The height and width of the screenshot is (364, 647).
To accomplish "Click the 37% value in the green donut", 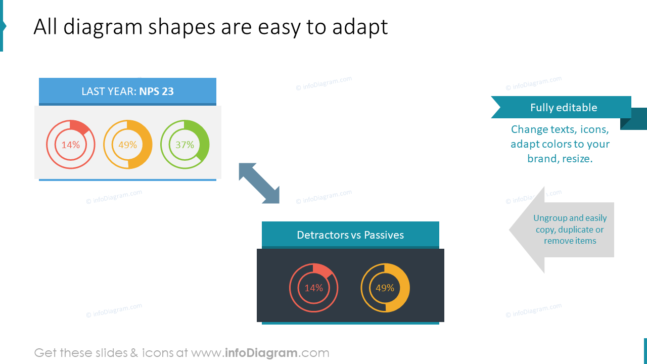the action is [184, 145].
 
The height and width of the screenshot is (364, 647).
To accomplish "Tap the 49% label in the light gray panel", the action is [127, 145].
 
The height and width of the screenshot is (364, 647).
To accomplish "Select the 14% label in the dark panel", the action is [313, 288].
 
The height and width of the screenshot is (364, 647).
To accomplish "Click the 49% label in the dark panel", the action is [385, 288].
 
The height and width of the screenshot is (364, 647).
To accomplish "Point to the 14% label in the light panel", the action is [70, 145].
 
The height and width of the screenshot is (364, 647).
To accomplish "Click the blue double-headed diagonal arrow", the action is [259, 183].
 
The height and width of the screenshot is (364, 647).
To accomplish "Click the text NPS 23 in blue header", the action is [156, 92].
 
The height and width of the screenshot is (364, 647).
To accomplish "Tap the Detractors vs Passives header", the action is [350, 235].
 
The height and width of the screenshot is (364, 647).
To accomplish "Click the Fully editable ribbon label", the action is [564, 108].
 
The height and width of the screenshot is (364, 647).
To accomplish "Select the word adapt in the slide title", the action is [360, 27].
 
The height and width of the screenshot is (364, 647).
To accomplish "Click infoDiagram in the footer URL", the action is [260, 353].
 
